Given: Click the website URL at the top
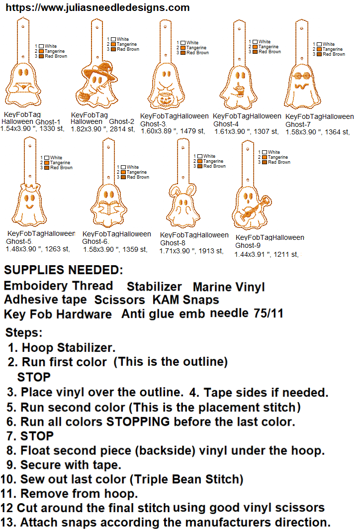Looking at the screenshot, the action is (98, 7).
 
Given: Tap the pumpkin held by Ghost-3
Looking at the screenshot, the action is (165, 100).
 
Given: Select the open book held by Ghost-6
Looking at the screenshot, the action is (108, 208).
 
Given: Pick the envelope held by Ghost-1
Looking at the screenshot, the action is (23, 87).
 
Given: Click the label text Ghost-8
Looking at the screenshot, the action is (173, 243).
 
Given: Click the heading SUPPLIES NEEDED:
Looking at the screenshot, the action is (64, 270).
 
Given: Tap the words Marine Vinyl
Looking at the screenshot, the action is (229, 287).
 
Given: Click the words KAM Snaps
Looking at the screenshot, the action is (186, 300).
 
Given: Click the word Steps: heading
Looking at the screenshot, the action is (24, 332).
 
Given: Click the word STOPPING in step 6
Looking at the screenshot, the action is (138, 422).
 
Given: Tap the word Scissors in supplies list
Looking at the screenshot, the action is (119, 300).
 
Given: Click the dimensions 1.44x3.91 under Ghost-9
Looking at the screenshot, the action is (249, 255).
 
